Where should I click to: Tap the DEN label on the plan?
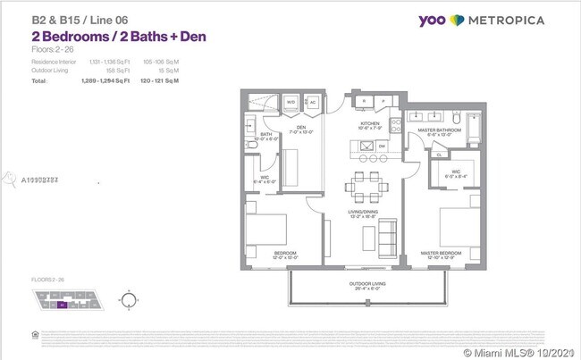coord(301,126)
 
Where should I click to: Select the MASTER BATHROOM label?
coord(436,130)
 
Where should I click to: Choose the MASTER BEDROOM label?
coord(440,253)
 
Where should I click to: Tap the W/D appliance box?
coord(290,103)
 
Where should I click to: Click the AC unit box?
coord(312,103)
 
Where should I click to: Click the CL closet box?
coord(415,154)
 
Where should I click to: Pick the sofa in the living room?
coord(388,236)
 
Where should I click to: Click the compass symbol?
coord(131,300)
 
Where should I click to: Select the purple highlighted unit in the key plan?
coord(63,305)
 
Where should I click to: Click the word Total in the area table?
coord(38,80)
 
